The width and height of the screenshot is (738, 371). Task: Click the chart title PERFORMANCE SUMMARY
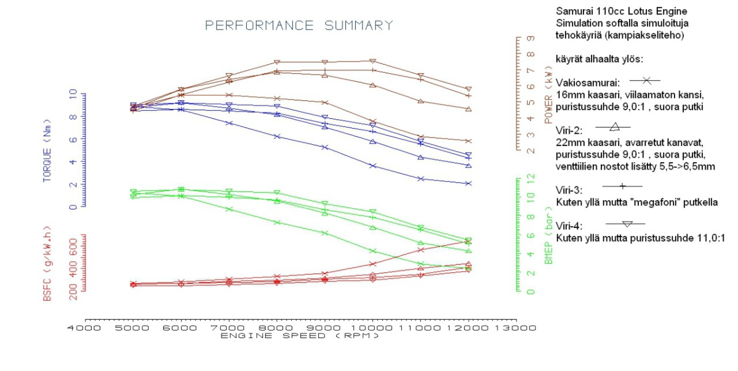(x=299, y=25)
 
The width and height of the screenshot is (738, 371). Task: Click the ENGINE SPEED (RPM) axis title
(x=300, y=336)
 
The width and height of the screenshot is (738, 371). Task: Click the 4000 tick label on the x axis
(x=85, y=328)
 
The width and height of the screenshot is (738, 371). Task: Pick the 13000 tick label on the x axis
(x=517, y=328)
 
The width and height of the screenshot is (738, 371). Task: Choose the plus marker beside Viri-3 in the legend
(x=622, y=186)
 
